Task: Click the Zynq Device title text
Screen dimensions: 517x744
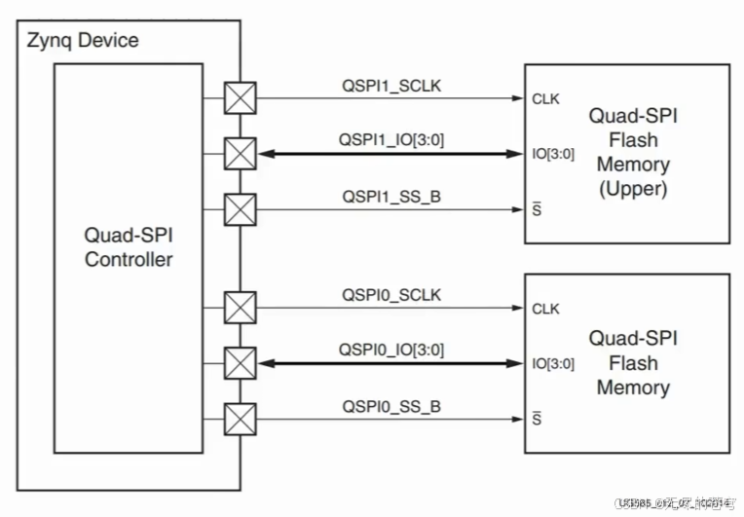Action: [x=82, y=41]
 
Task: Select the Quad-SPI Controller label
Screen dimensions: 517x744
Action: [x=129, y=247]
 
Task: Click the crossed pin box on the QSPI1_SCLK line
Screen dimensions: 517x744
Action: [x=240, y=98]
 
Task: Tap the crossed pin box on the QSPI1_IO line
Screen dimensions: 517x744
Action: [x=240, y=153]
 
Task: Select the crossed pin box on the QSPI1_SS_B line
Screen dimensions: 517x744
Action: [x=240, y=208]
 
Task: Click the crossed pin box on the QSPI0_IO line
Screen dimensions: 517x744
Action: [x=240, y=363]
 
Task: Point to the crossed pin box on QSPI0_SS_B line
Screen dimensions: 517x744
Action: [x=240, y=419]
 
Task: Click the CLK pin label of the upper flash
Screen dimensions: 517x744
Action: [x=545, y=98]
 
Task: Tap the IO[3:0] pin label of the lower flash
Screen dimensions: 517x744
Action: [x=553, y=364]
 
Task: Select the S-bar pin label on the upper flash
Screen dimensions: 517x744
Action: [x=537, y=208]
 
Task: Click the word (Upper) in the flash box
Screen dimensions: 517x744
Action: [x=633, y=188]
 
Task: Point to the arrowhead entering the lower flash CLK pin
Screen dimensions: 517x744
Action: [x=517, y=309]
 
